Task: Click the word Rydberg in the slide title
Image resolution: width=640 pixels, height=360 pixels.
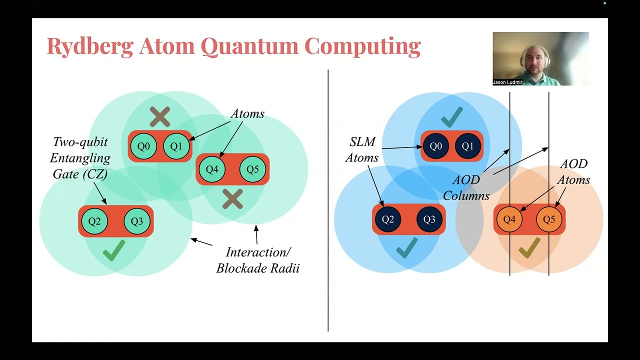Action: point(90,46)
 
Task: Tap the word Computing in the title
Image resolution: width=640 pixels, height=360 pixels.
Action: point(362,46)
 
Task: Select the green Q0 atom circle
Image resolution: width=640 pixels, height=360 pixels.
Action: point(143,146)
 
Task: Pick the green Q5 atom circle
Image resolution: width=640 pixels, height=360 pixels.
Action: point(252,169)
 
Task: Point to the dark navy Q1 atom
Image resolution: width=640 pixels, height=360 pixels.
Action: point(467,146)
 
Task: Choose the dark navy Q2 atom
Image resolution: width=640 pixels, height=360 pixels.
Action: point(388,219)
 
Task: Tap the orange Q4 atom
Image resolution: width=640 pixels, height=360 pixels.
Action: point(509,219)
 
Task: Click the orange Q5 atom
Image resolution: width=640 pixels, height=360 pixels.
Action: point(549,219)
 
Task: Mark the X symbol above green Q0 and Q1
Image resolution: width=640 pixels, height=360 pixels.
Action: point(160,117)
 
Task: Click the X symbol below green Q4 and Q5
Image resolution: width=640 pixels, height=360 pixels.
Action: point(232,199)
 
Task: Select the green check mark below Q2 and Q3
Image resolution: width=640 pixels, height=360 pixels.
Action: point(114,250)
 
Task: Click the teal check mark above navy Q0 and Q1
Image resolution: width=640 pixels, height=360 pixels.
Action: point(451,116)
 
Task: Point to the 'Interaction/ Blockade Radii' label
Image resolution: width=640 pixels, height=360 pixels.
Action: point(257,260)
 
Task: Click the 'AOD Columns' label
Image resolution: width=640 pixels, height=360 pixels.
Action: point(466,187)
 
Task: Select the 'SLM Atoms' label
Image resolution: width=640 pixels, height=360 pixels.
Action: point(362,150)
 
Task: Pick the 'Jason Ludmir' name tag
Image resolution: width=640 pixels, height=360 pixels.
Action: point(507,82)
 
